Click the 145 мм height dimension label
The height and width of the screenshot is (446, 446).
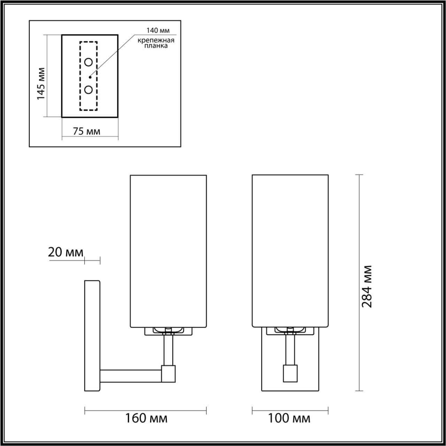pyautogui.click(x=41, y=83)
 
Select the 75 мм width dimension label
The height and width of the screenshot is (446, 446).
pyautogui.click(x=86, y=131)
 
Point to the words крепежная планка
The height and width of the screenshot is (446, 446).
pyautogui.click(x=155, y=43)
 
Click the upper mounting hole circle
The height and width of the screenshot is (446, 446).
pyautogui.click(x=89, y=62)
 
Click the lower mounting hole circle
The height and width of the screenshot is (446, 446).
pyautogui.click(x=89, y=90)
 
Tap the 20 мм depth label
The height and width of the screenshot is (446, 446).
pyautogui.click(x=66, y=252)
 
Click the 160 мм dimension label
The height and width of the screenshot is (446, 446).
pyautogui.click(x=146, y=418)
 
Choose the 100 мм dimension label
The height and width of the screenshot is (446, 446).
pyautogui.click(x=289, y=418)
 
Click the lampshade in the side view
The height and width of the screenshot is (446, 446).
pyautogui.click(x=168, y=251)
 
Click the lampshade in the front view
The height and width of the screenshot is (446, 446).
pyautogui.click(x=290, y=251)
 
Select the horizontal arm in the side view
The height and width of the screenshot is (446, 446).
pyautogui.click(x=131, y=375)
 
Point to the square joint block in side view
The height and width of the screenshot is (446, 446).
pyautogui.click(x=168, y=373)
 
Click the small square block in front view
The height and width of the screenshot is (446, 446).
pyautogui.click(x=290, y=373)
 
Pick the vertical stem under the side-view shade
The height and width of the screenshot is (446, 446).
pyautogui.click(x=168, y=349)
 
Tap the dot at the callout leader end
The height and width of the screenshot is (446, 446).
pyautogui.click(x=90, y=77)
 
